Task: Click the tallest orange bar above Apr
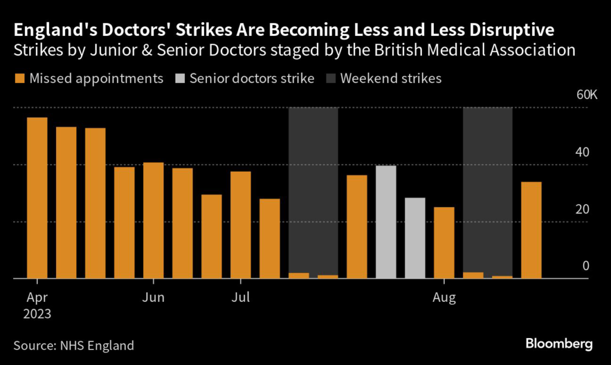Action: [x=37, y=197]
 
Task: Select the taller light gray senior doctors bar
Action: [x=386, y=222]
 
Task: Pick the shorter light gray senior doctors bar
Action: [x=415, y=238]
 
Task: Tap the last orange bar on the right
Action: [x=531, y=230]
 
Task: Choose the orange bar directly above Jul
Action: [x=240, y=225]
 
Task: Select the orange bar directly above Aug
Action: [x=444, y=243]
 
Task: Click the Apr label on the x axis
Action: [x=38, y=296]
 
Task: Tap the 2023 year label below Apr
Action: [x=38, y=313]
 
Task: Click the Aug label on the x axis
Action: [x=444, y=296]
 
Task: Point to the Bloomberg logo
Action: [x=559, y=344]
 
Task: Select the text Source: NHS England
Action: [x=73, y=345]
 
